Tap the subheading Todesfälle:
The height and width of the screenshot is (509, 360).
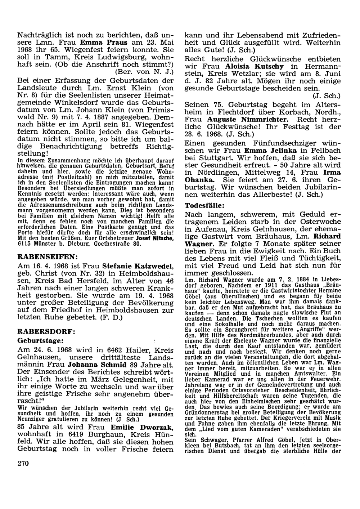click(x=205, y=205)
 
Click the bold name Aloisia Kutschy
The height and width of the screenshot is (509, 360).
click(x=254, y=66)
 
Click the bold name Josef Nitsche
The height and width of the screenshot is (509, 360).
click(x=159, y=238)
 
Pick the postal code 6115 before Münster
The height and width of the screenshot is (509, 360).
click(x=25, y=244)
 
